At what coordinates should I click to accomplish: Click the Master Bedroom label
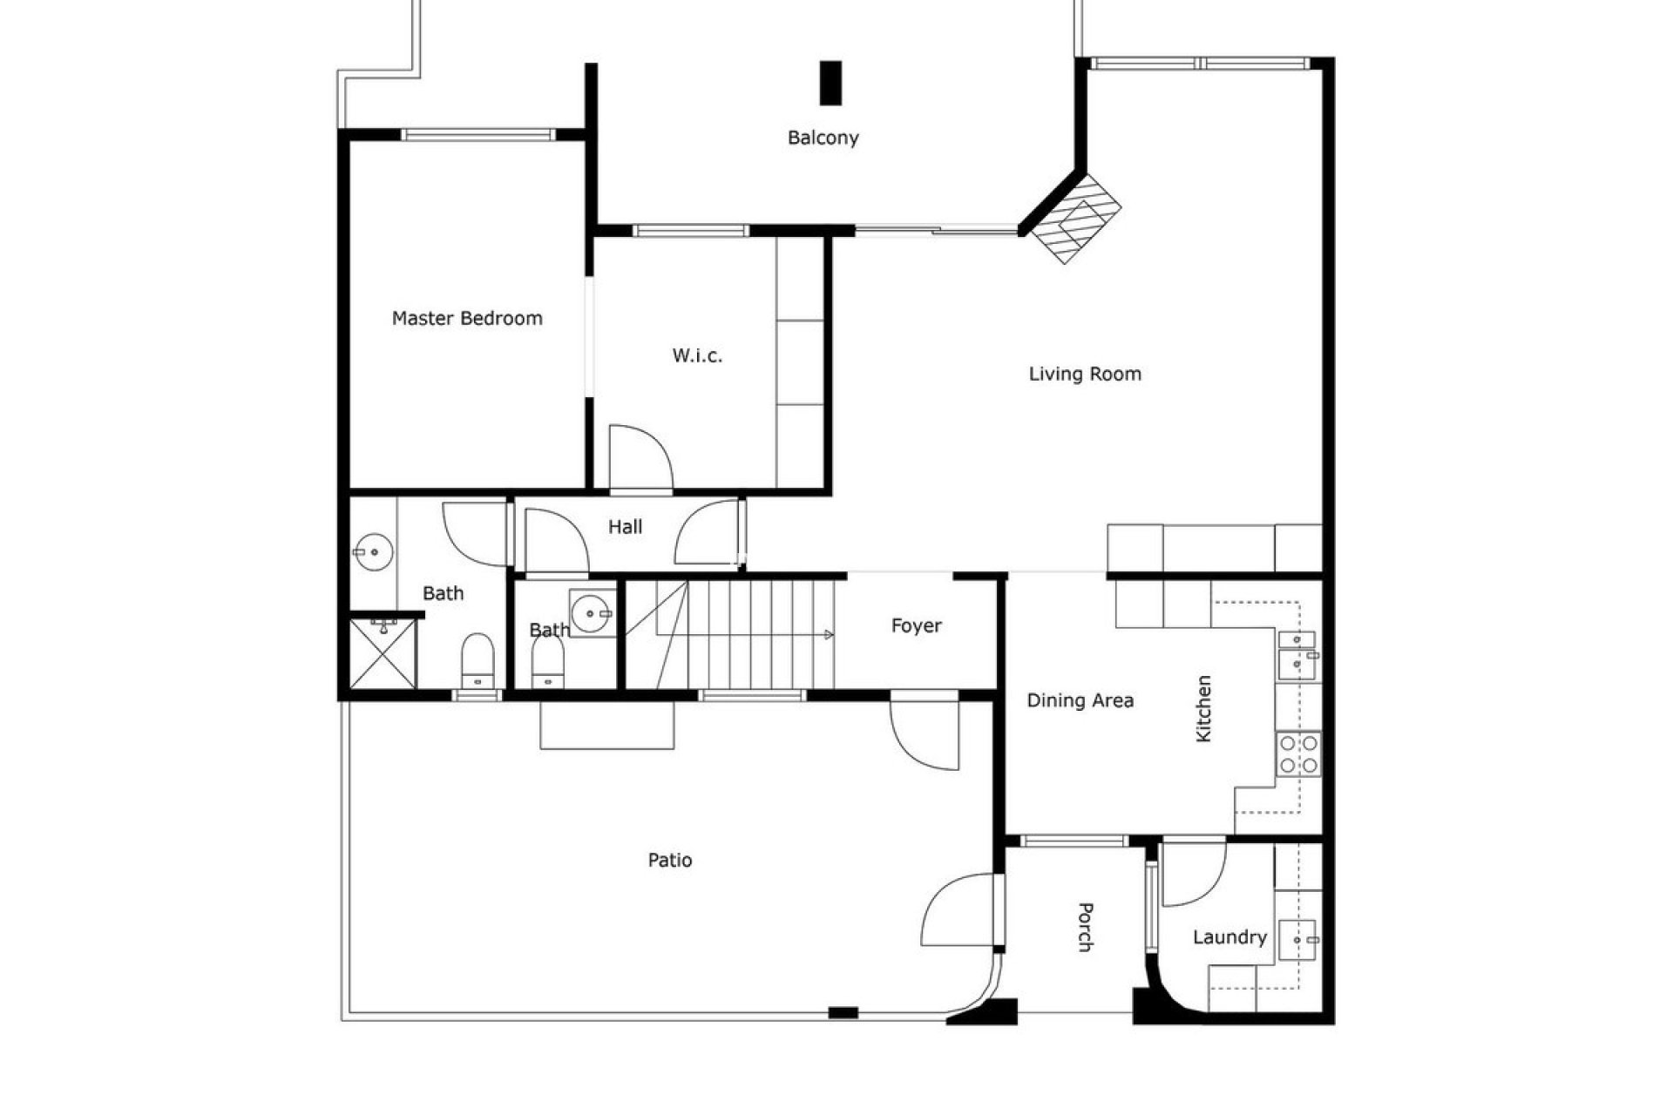[467, 319]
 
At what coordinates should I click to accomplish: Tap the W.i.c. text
[697, 355]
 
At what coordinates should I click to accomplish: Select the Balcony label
[823, 138]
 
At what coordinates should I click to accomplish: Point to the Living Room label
[1085, 375]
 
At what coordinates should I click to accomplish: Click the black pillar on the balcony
[830, 83]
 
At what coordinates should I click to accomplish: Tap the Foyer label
[916, 626]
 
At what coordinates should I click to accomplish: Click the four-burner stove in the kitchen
[1298, 754]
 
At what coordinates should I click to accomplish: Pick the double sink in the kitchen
[1298, 652]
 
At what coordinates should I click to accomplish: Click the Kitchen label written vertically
[1203, 708]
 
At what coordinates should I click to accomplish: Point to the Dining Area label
[1080, 701]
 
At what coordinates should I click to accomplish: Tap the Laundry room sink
[1297, 940]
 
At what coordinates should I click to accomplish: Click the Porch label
[1085, 927]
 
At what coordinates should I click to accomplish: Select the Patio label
[669, 861]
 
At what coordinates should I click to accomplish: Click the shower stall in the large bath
[383, 653]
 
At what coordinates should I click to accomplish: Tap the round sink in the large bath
[374, 551]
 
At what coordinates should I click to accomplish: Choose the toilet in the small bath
[548, 667]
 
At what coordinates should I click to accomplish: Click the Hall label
[625, 527]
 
